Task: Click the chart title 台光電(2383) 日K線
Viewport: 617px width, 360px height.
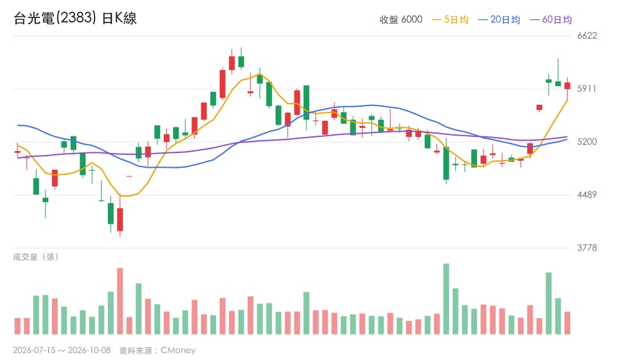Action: [75, 18]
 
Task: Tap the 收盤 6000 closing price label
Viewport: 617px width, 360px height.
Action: [400, 19]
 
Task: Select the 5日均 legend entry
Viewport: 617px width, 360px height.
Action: [450, 19]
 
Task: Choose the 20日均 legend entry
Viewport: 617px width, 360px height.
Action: [499, 19]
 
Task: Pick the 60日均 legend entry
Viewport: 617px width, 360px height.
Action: [551, 19]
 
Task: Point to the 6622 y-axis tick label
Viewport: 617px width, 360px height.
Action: [587, 36]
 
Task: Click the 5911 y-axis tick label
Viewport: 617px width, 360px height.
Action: [587, 89]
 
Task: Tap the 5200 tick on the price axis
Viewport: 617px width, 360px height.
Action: [587, 142]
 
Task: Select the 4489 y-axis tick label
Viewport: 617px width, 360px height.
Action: [587, 195]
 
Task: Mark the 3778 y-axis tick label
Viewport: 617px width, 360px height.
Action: [587, 248]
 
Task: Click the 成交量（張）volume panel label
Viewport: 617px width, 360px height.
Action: [36, 257]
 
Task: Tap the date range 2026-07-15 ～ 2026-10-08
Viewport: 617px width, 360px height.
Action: [62, 350]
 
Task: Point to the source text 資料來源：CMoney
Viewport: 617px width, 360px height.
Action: [157, 350]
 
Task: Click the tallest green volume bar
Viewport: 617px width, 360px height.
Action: [446, 299]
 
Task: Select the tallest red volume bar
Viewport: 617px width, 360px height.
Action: [120, 301]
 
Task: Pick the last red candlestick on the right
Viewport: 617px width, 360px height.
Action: [568, 85]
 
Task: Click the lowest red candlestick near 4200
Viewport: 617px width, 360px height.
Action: [120, 220]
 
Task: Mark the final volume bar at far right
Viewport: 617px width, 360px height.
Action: [568, 323]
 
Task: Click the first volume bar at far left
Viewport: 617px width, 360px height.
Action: [17, 326]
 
